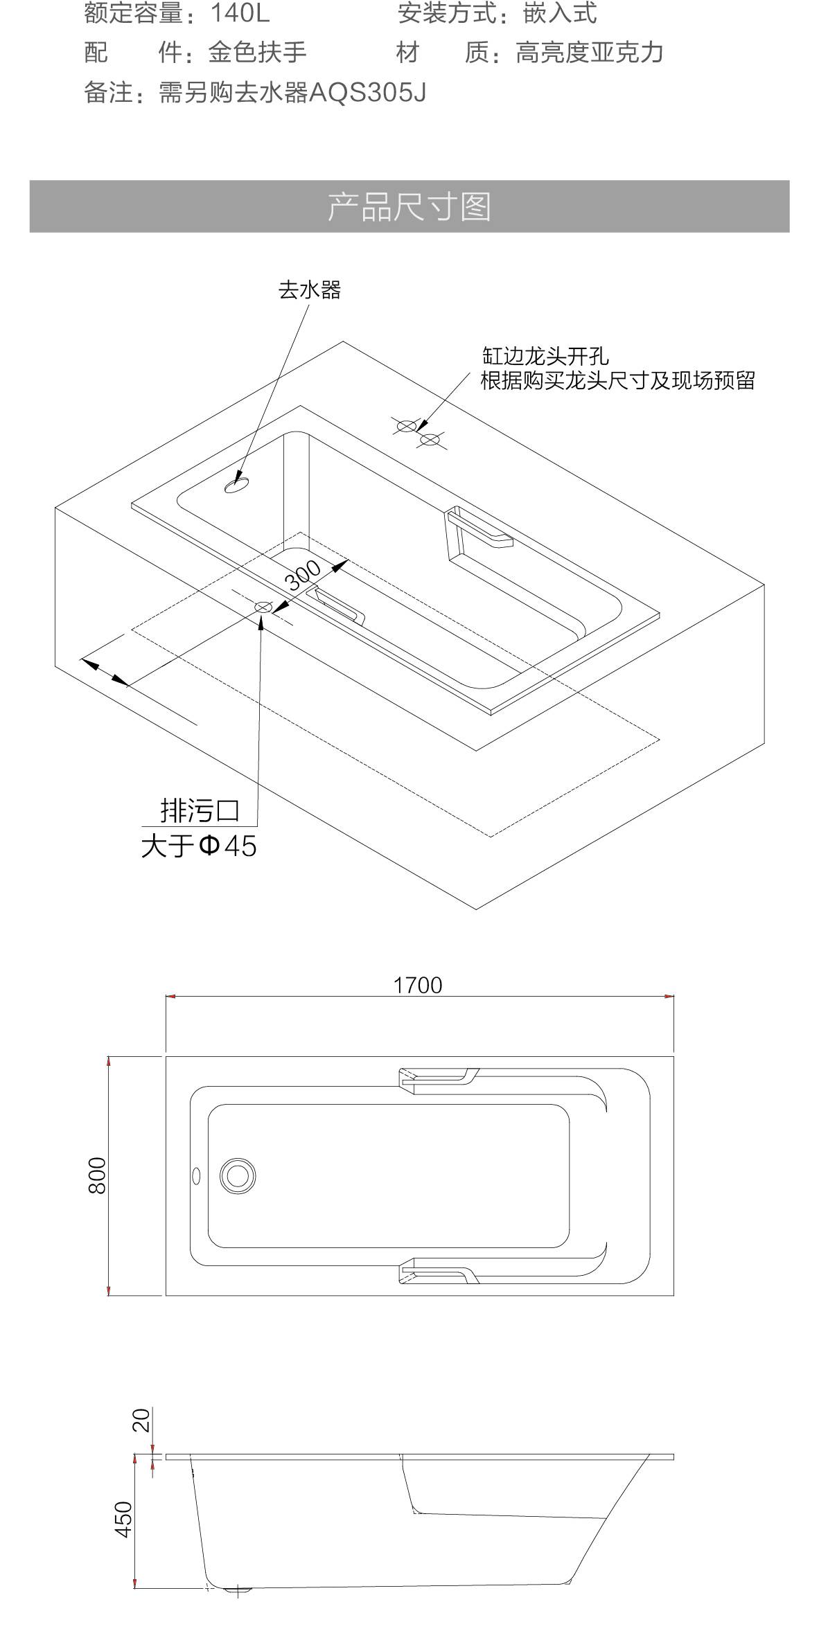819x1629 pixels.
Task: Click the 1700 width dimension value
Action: [x=417, y=985]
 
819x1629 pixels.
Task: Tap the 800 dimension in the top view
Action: [x=98, y=1175]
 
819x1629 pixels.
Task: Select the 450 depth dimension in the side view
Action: [x=123, y=1519]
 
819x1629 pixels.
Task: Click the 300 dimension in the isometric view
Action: [x=304, y=574]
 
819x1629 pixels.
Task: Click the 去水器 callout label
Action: [x=309, y=290]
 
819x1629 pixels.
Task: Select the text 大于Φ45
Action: [x=199, y=846]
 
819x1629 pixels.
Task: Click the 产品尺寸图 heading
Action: [x=409, y=207]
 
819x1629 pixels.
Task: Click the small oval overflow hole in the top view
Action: [x=196, y=1175]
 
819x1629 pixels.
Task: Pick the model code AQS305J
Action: [x=367, y=92]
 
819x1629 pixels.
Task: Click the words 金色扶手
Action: [x=257, y=53]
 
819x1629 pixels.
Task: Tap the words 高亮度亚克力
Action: [x=589, y=53]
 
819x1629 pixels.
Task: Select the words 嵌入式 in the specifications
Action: [x=559, y=13]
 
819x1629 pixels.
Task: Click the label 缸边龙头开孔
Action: [x=545, y=356]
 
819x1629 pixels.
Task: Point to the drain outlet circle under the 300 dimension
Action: [x=263, y=607]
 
